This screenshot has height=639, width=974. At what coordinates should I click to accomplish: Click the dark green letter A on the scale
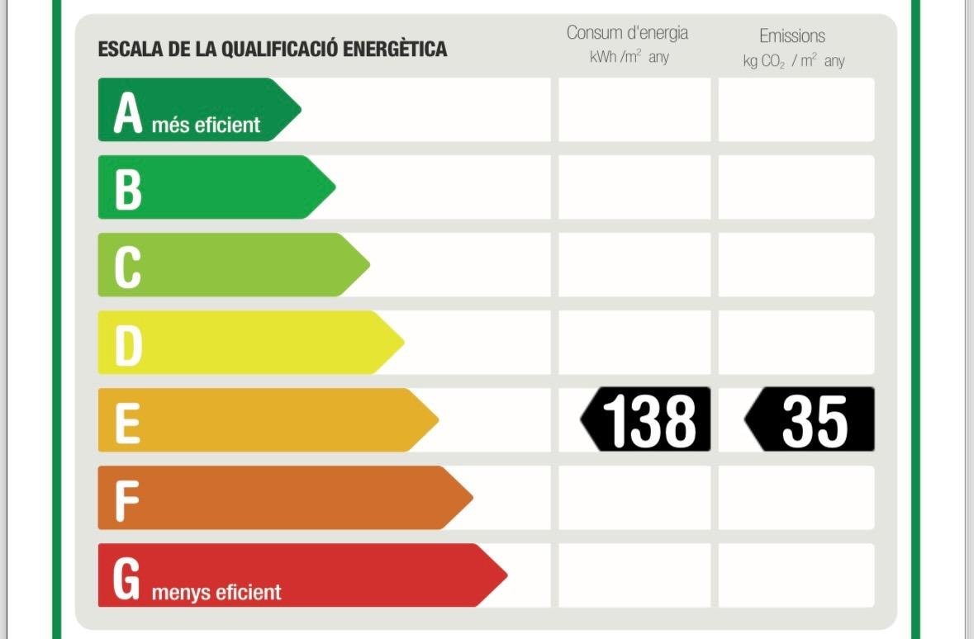(127, 112)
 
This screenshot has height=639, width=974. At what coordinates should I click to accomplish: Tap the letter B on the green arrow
(127, 188)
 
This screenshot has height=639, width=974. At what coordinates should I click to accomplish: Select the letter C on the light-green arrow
(127, 266)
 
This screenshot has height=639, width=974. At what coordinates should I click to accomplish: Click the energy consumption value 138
(649, 420)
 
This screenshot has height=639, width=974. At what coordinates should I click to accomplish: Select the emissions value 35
(814, 420)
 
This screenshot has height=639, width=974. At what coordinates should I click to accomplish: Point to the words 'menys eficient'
(216, 592)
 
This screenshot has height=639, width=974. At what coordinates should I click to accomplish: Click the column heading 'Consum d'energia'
(627, 34)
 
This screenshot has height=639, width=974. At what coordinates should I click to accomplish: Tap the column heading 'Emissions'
(792, 36)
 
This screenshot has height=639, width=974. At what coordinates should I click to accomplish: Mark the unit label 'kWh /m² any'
(629, 58)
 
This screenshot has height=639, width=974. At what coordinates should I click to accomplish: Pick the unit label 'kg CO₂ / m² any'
(793, 61)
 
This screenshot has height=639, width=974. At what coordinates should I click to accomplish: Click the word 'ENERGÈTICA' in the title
(394, 49)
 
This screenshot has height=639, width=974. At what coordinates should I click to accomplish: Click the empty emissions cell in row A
(796, 110)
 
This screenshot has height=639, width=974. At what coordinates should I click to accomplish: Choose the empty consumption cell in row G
(634, 575)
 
